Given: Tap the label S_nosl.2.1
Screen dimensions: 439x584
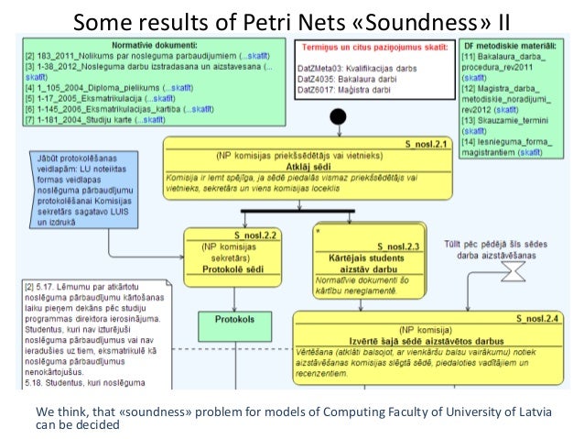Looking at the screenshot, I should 426,144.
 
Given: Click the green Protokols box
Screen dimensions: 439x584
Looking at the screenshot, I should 235,321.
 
